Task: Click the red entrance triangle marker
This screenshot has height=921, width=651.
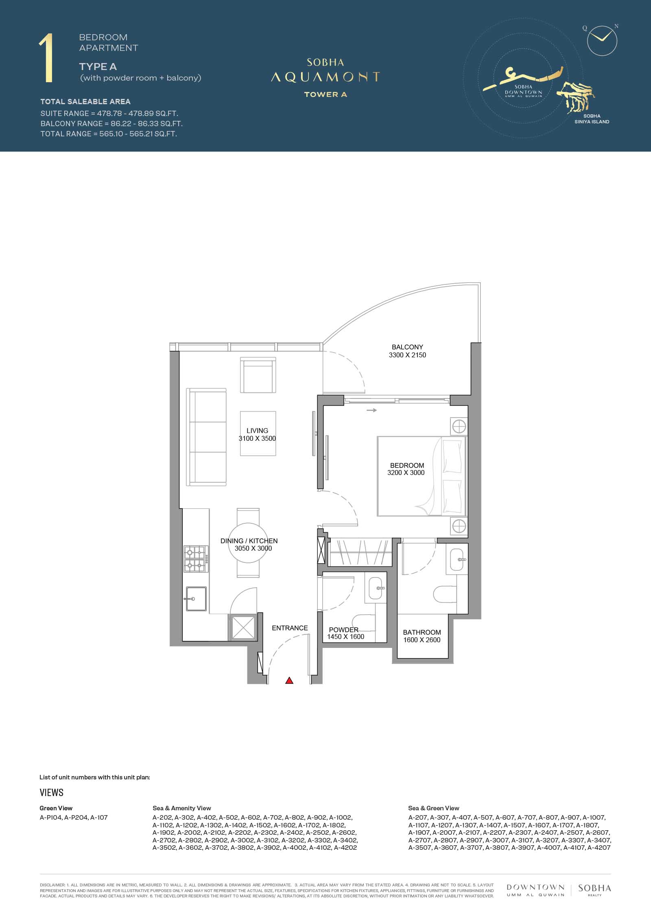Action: pyautogui.click(x=289, y=680)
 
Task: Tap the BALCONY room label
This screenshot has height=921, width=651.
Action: pyautogui.click(x=407, y=347)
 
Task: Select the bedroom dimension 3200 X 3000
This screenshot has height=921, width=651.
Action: pyautogui.click(x=406, y=473)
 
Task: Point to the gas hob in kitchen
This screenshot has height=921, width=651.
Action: pyautogui.click(x=195, y=559)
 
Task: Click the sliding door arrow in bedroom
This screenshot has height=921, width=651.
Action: pyautogui.click(x=371, y=410)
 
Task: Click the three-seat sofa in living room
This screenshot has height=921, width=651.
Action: pyautogui.click(x=207, y=437)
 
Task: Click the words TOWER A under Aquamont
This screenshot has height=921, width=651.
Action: pyautogui.click(x=325, y=94)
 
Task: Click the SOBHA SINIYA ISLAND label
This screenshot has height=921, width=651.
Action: pyautogui.click(x=592, y=119)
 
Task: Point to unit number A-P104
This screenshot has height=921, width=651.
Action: pyautogui.click(x=51, y=817)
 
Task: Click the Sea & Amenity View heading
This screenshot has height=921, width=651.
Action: pyautogui.click(x=182, y=808)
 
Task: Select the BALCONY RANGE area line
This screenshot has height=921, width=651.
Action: pyautogui.click(x=111, y=123)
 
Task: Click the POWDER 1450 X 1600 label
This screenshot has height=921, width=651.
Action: pyautogui.click(x=345, y=633)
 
